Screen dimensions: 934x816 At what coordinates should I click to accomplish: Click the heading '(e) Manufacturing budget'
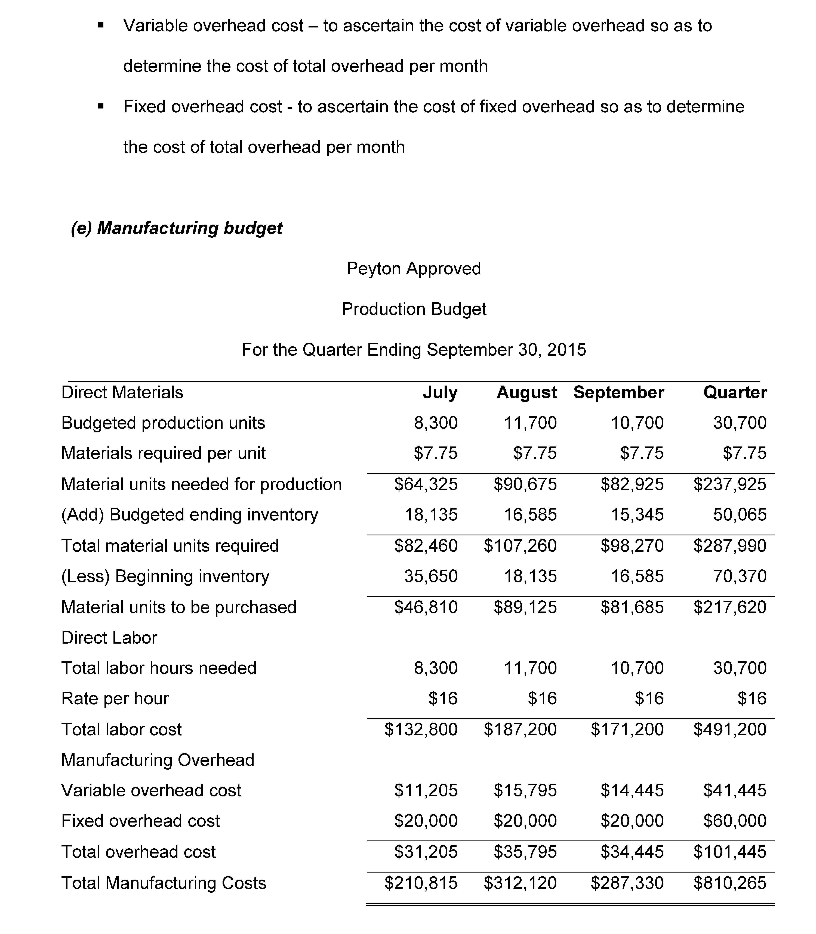coord(177,228)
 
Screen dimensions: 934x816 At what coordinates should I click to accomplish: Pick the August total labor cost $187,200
coord(520,729)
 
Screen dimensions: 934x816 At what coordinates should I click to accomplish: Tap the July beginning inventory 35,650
coord(431,576)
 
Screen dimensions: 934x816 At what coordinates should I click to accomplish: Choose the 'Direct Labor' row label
coord(109,638)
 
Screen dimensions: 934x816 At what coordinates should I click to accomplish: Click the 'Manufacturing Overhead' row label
coord(158,760)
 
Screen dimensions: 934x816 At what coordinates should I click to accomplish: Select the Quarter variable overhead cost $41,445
coord(734,791)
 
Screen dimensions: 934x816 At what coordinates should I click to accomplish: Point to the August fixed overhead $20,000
coord(525,821)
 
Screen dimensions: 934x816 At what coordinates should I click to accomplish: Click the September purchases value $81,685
coord(632,607)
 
